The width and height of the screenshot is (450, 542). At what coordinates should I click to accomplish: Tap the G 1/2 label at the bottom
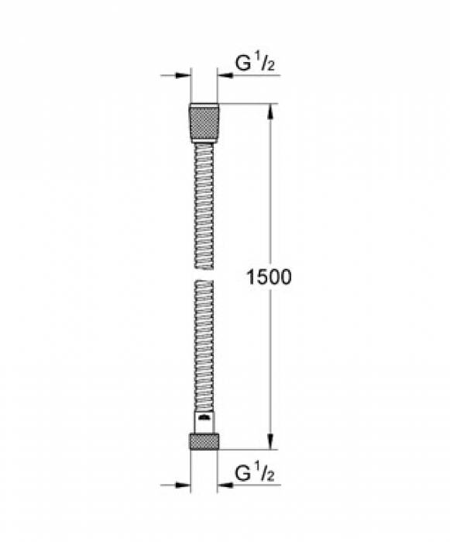254,472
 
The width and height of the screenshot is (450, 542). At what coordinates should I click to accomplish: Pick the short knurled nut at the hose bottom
204,441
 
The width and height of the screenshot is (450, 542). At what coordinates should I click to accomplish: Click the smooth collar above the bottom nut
204,422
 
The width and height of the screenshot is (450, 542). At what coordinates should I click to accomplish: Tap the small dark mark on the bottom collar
204,418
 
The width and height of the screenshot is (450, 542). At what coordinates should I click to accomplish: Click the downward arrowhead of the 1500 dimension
270,443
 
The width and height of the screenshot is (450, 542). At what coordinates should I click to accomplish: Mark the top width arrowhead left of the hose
184,76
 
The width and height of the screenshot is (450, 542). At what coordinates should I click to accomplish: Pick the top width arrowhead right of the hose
224,76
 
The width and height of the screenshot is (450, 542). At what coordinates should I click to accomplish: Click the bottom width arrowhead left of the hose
184,485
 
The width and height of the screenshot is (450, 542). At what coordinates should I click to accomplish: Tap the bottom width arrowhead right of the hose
224,485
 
